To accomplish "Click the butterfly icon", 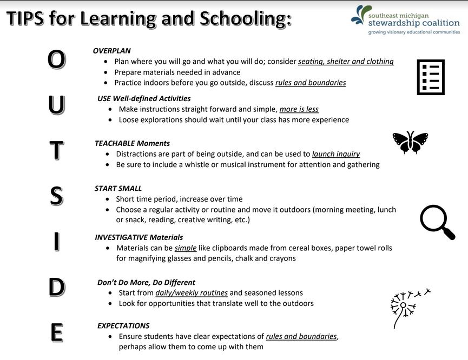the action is click(410, 142).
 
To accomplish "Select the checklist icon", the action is click(431, 77).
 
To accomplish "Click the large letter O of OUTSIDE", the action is click(56, 59).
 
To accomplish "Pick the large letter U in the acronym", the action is click(56, 105).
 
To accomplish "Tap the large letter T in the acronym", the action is click(56, 150).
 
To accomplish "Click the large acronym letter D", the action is click(57, 287).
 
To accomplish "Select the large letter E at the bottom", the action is click(57, 332).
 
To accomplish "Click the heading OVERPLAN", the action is click(111, 51).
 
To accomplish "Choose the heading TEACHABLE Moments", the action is click(132, 143).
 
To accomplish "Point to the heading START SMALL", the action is click(118, 189).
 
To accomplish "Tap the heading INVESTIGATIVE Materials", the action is click(139, 237).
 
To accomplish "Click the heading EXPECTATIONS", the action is click(123, 326).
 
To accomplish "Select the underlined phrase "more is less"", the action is click(299, 110).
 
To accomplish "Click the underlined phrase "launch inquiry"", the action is click(336, 154).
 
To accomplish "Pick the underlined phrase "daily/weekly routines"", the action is click(192, 293).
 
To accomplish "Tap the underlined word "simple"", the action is click(186, 248).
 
